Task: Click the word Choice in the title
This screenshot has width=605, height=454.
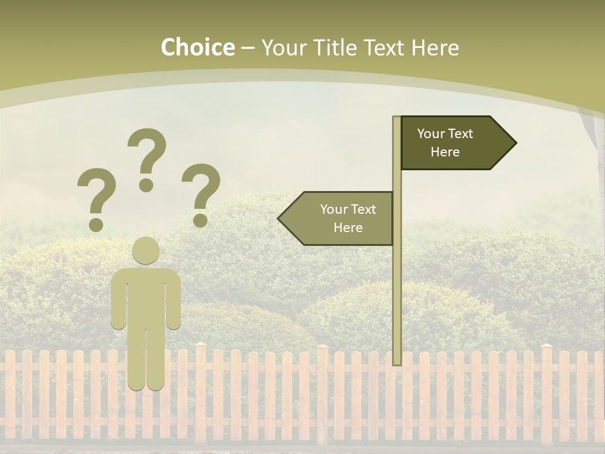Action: click(197, 47)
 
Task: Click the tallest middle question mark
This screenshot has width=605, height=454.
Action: click(147, 151)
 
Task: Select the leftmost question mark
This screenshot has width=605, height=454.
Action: click(96, 192)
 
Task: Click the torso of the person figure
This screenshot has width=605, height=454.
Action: click(146, 296)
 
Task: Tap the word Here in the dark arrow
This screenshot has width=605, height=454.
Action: click(445, 152)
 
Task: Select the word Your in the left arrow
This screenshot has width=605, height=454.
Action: click(334, 209)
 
